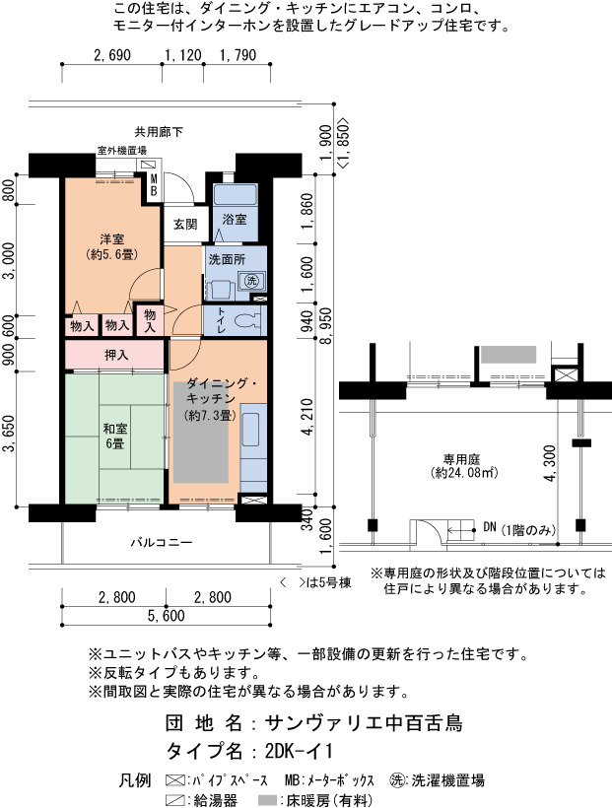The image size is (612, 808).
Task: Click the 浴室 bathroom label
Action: tap(235, 219)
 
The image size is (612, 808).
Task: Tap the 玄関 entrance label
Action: tap(184, 224)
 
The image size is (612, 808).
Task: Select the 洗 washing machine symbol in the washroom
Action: tap(251, 281)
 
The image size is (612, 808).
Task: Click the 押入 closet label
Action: tap(116, 355)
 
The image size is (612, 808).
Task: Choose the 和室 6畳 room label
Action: tap(115, 436)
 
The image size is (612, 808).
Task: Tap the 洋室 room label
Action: tap(112, 238)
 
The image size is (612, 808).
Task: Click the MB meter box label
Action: tap(154, 185)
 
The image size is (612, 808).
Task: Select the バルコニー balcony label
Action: tap(161, 542)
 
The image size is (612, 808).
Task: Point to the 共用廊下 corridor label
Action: tap(159, 132)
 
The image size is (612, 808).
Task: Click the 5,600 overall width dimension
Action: tap(166, 616)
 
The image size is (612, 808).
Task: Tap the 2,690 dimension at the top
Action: tap(112, 55)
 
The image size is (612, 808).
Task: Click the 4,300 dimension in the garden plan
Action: tap(550, 463)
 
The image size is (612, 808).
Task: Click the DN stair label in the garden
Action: tap(490, 527)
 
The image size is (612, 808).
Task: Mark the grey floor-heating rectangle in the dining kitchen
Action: tap(201, 433)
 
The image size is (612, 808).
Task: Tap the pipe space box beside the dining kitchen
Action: tap(253, 500)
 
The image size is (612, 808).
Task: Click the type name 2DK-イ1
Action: tap(299, 751)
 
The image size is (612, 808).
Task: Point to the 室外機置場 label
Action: tap(122, 151)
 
